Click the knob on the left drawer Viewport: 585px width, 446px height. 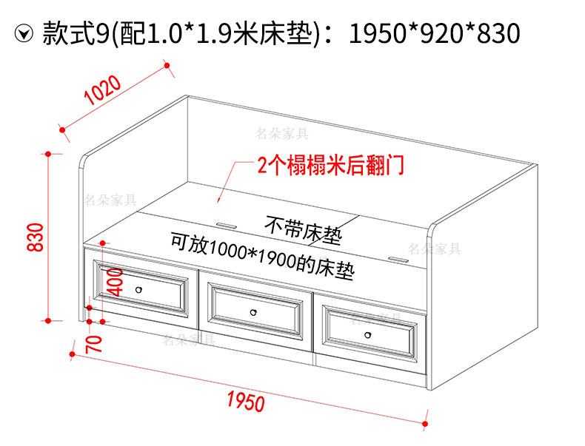(138, 289)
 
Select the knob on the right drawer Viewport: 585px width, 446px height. (368, 335)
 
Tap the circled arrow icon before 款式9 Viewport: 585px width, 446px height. (25, 33)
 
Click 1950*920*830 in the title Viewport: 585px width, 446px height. (434, 32)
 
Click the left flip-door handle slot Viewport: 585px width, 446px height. (225, 221)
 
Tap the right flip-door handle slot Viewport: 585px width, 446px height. (398, 260)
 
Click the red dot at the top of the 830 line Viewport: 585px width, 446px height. (48, 154)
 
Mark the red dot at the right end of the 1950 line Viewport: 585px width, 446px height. (426, 424)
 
